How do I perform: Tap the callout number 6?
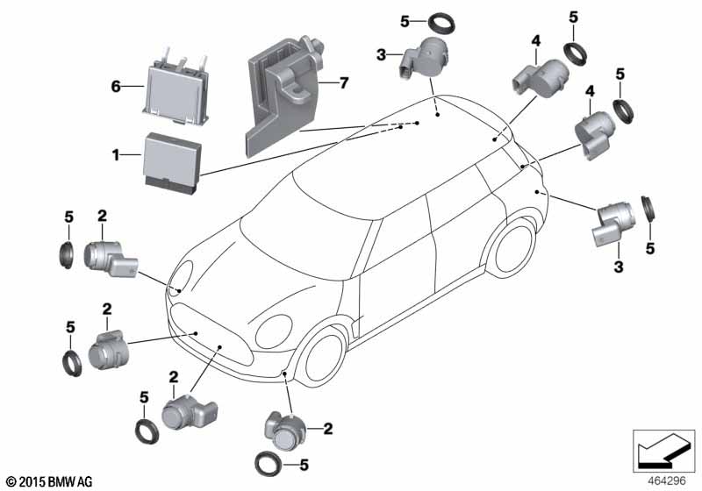115,87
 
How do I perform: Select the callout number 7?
344,83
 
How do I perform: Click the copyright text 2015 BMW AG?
48,481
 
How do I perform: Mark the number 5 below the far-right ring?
651,249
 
